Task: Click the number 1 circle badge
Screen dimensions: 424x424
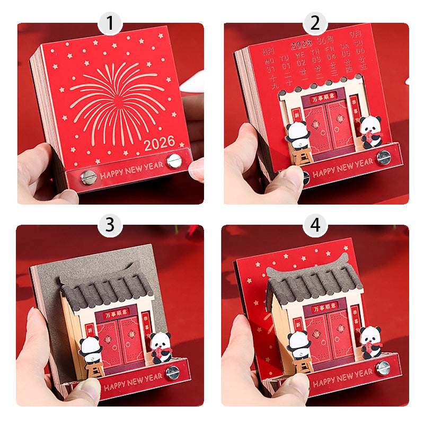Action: pyautogui.click(x=110, y=23)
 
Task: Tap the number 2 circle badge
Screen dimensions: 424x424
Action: pyautogui.click(x=315, y=23)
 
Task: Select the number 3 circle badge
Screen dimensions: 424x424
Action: pyautogui.click(x=110, y=225)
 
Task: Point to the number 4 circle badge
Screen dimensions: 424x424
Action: pyautogui.click(x=315, y=225)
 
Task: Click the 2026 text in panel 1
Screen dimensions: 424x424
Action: pyautogui.click(x=159, y=143)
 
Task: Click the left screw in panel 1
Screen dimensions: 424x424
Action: pyautogui.click(x=89, y=176)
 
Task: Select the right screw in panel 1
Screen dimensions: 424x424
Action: pyautogui.click(x=173, y=161)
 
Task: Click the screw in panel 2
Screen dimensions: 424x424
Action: pyautogui.click(x=383, y=157)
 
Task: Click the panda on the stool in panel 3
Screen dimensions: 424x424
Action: pyautogui.click(x=93, y=348)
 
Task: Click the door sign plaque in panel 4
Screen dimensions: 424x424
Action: pyautogui.click(x=323, y=307)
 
